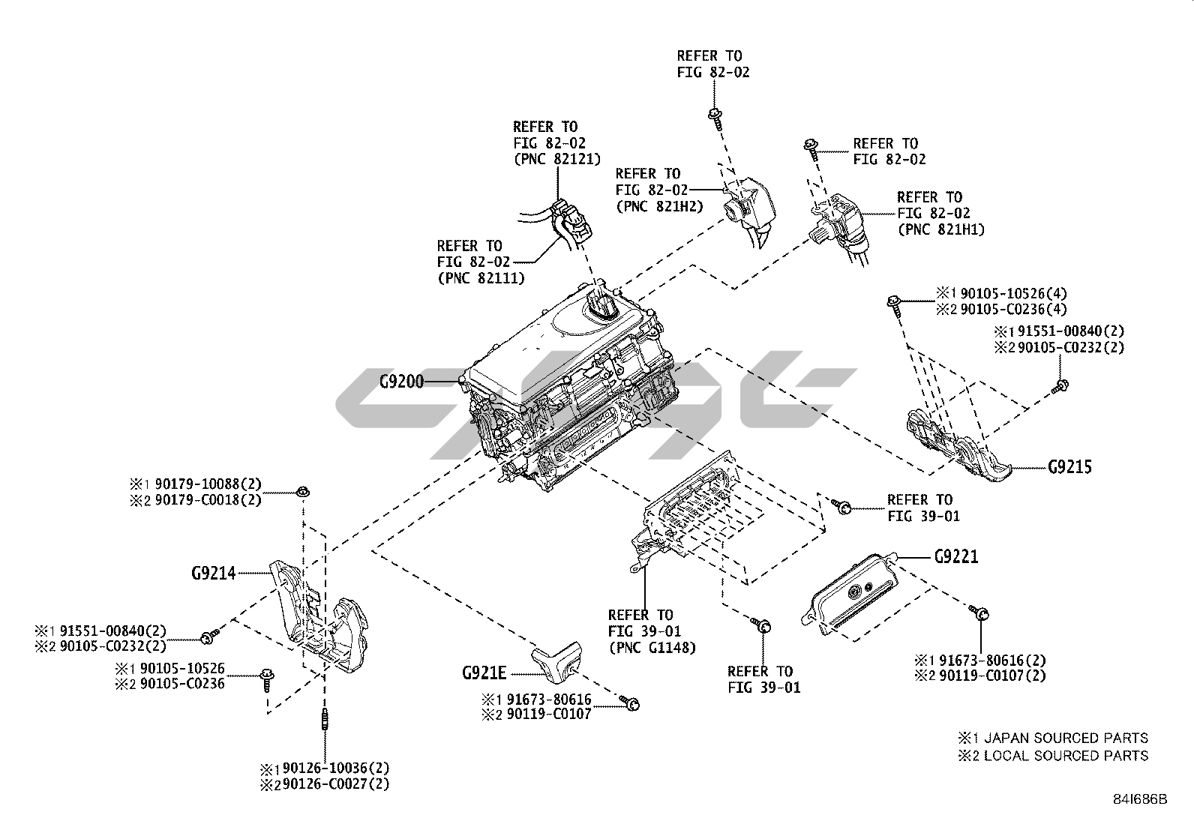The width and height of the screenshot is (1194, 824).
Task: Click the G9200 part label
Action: point(401,382)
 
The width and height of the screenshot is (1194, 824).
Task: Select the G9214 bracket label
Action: point(213,574)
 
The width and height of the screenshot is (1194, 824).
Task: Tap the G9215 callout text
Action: point(1069,467)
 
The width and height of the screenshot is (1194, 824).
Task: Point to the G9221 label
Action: point(956,557)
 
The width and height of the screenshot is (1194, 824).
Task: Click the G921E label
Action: point(484,673)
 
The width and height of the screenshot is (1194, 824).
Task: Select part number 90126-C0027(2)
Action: point(336,784)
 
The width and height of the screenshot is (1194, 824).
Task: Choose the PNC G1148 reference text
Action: point(652,648)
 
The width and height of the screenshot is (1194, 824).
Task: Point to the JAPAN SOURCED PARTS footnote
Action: point(1065,739)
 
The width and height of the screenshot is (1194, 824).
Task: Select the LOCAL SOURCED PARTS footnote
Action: point(1065,756)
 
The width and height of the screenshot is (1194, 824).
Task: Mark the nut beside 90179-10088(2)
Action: point(302,492)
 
